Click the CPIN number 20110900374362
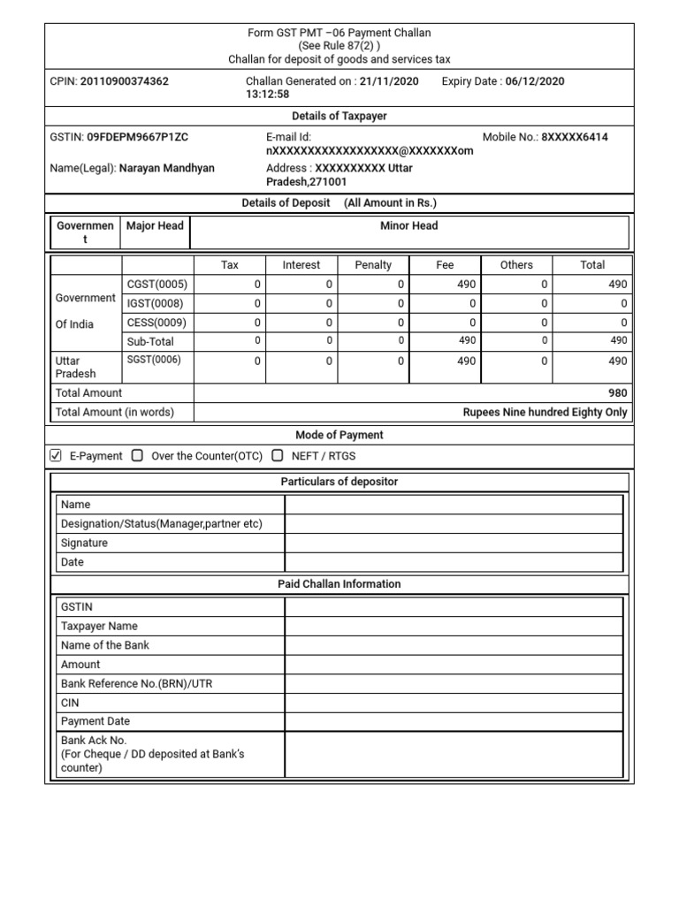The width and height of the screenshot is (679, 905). (x=125, y=81)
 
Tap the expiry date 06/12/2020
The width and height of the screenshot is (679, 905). (x=535, y=81)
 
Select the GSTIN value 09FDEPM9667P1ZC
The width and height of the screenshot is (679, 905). (x=137, y=138)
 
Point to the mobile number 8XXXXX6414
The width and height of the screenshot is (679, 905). (x=575, y=138)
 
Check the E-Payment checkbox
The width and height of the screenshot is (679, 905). (x=56, y=456)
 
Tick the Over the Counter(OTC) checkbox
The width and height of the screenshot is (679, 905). (x=137, y=456)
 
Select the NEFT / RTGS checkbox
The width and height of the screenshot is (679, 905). (x=278, y=456)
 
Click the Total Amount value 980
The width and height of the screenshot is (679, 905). (x=617, y=393)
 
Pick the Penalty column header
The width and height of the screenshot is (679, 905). (x=373, y=265)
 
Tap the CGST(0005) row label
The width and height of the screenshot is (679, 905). (x=157, y=285)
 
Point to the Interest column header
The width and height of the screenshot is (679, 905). (x=301, y=265)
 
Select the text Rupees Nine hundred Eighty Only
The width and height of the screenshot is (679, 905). (x=545, y=413)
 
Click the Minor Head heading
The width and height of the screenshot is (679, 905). (x=409, y=226)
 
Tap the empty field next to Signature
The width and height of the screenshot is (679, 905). (x=454, y=544)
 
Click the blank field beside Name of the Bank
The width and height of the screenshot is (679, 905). (x=454, y=645)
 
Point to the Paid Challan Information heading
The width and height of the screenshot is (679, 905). (x=339, y=584)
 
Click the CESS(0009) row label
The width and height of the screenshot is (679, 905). (x=157, y=323)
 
